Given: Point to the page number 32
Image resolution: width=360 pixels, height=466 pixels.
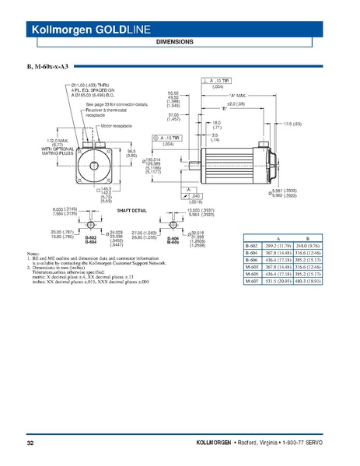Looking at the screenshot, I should (31, 443).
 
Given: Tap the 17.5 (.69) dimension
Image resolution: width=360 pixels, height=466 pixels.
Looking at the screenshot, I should (292, 124).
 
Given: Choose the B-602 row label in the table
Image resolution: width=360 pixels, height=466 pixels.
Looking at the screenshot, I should (251, 245).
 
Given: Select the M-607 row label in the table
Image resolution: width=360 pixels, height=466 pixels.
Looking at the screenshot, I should (251, 282).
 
